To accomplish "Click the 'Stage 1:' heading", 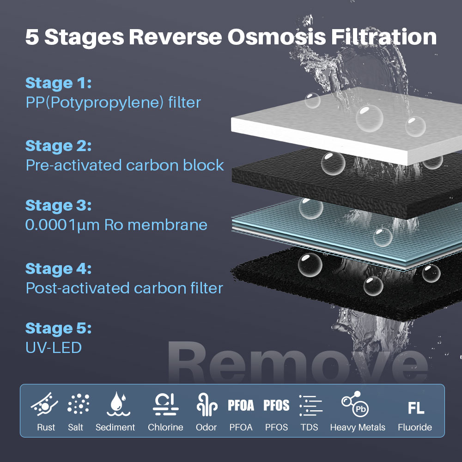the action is coord(58,83).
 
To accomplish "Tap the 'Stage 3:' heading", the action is coord(58,206).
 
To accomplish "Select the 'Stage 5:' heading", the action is coord(58,328).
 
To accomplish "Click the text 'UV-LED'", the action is coord(54,348).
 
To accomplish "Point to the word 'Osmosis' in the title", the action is coord(276,37).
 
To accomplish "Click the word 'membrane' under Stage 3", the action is coord(167,225).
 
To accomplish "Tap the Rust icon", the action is coord(44,404).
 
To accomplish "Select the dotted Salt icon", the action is coord(78,404).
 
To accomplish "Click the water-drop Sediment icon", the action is coord(118,404).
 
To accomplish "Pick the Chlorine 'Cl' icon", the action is coord(165,404).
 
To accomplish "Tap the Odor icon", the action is coord(207,404).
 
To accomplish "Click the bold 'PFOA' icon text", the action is coord(241,405).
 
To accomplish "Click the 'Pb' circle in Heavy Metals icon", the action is coord(361,409).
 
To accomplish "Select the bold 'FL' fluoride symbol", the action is coord(416,408).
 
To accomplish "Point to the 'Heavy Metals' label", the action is coord(358,427).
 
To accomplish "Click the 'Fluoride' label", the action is coord(415,427).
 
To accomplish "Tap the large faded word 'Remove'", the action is coord(298,362).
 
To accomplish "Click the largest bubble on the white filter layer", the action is coord(369,118).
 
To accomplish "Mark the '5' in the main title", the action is coord(32,37).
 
